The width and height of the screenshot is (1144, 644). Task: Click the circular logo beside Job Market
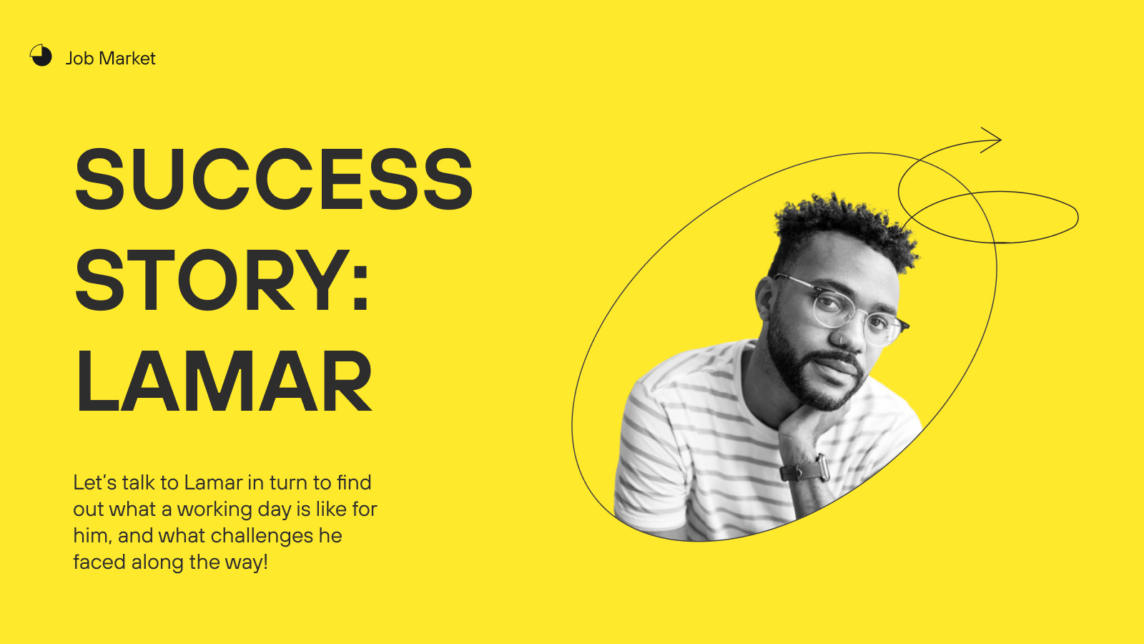coord(41,55)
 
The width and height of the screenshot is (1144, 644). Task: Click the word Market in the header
coord(127,58)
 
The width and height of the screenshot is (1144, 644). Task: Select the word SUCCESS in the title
coord(274,179)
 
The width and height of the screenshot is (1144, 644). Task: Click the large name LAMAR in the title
coord(225,381)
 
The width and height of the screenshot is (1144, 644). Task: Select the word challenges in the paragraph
coord(262,537)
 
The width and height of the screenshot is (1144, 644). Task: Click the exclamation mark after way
coord(265,562)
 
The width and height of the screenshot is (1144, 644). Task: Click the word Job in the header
coord(79,58)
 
